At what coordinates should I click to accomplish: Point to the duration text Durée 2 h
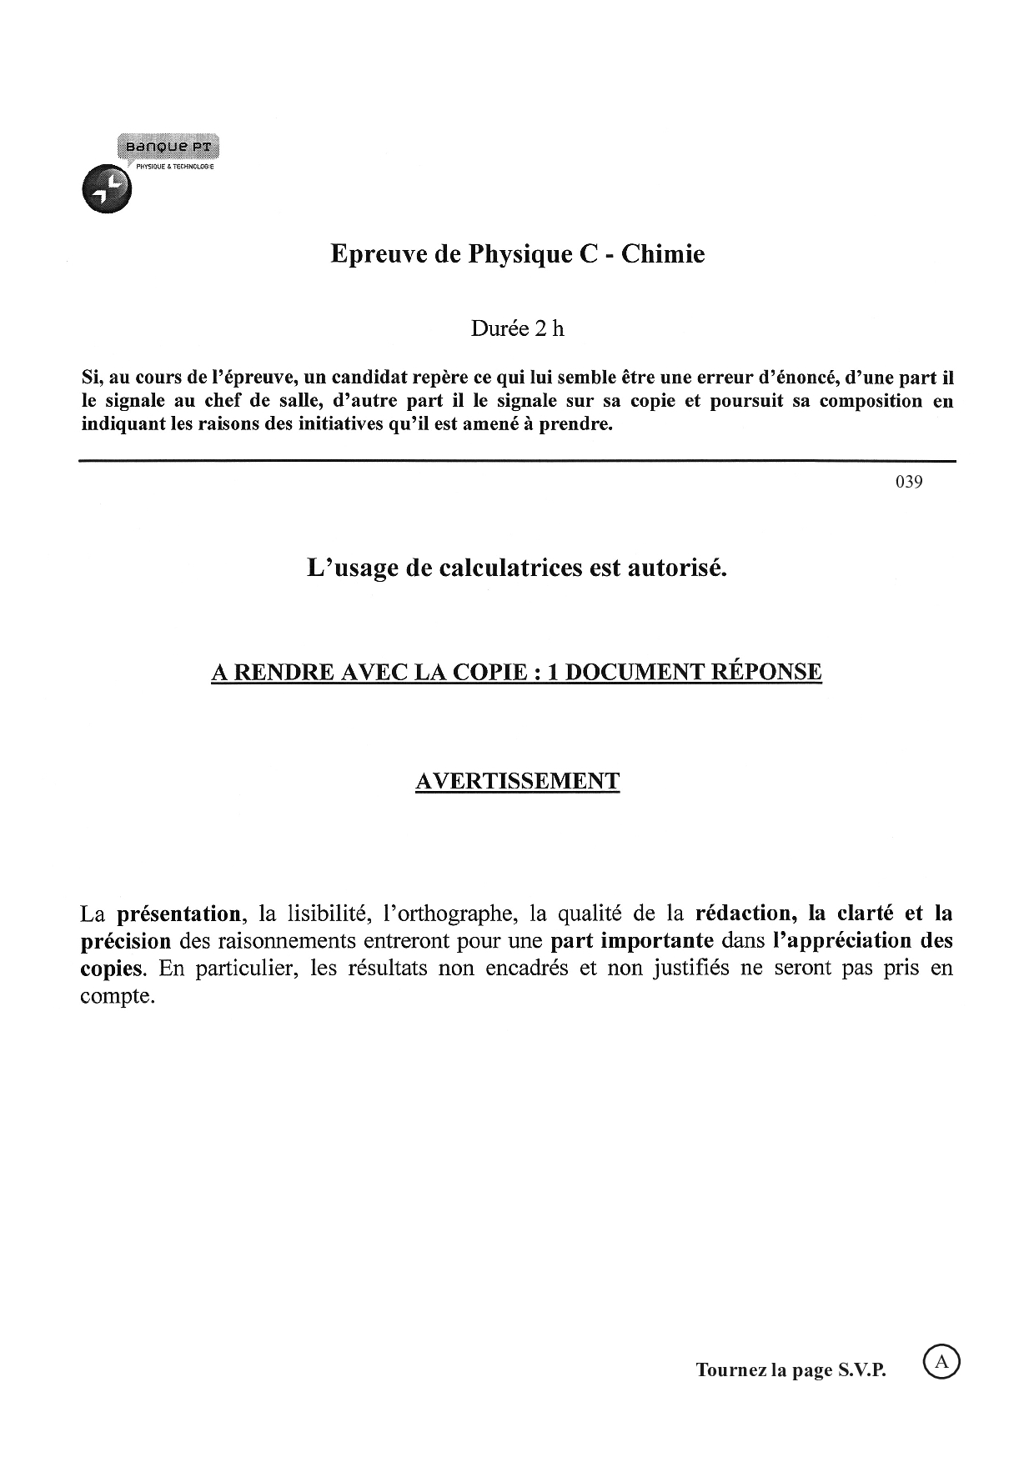[517, 328]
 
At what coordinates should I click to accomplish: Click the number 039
[909, 482]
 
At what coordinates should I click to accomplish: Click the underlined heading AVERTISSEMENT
[517, 781]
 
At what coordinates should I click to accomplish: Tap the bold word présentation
[178, 914]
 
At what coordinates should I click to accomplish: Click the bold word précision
[125, 941]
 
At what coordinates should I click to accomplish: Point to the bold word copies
[111, 969]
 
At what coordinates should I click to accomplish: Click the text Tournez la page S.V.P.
[791, 1370]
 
